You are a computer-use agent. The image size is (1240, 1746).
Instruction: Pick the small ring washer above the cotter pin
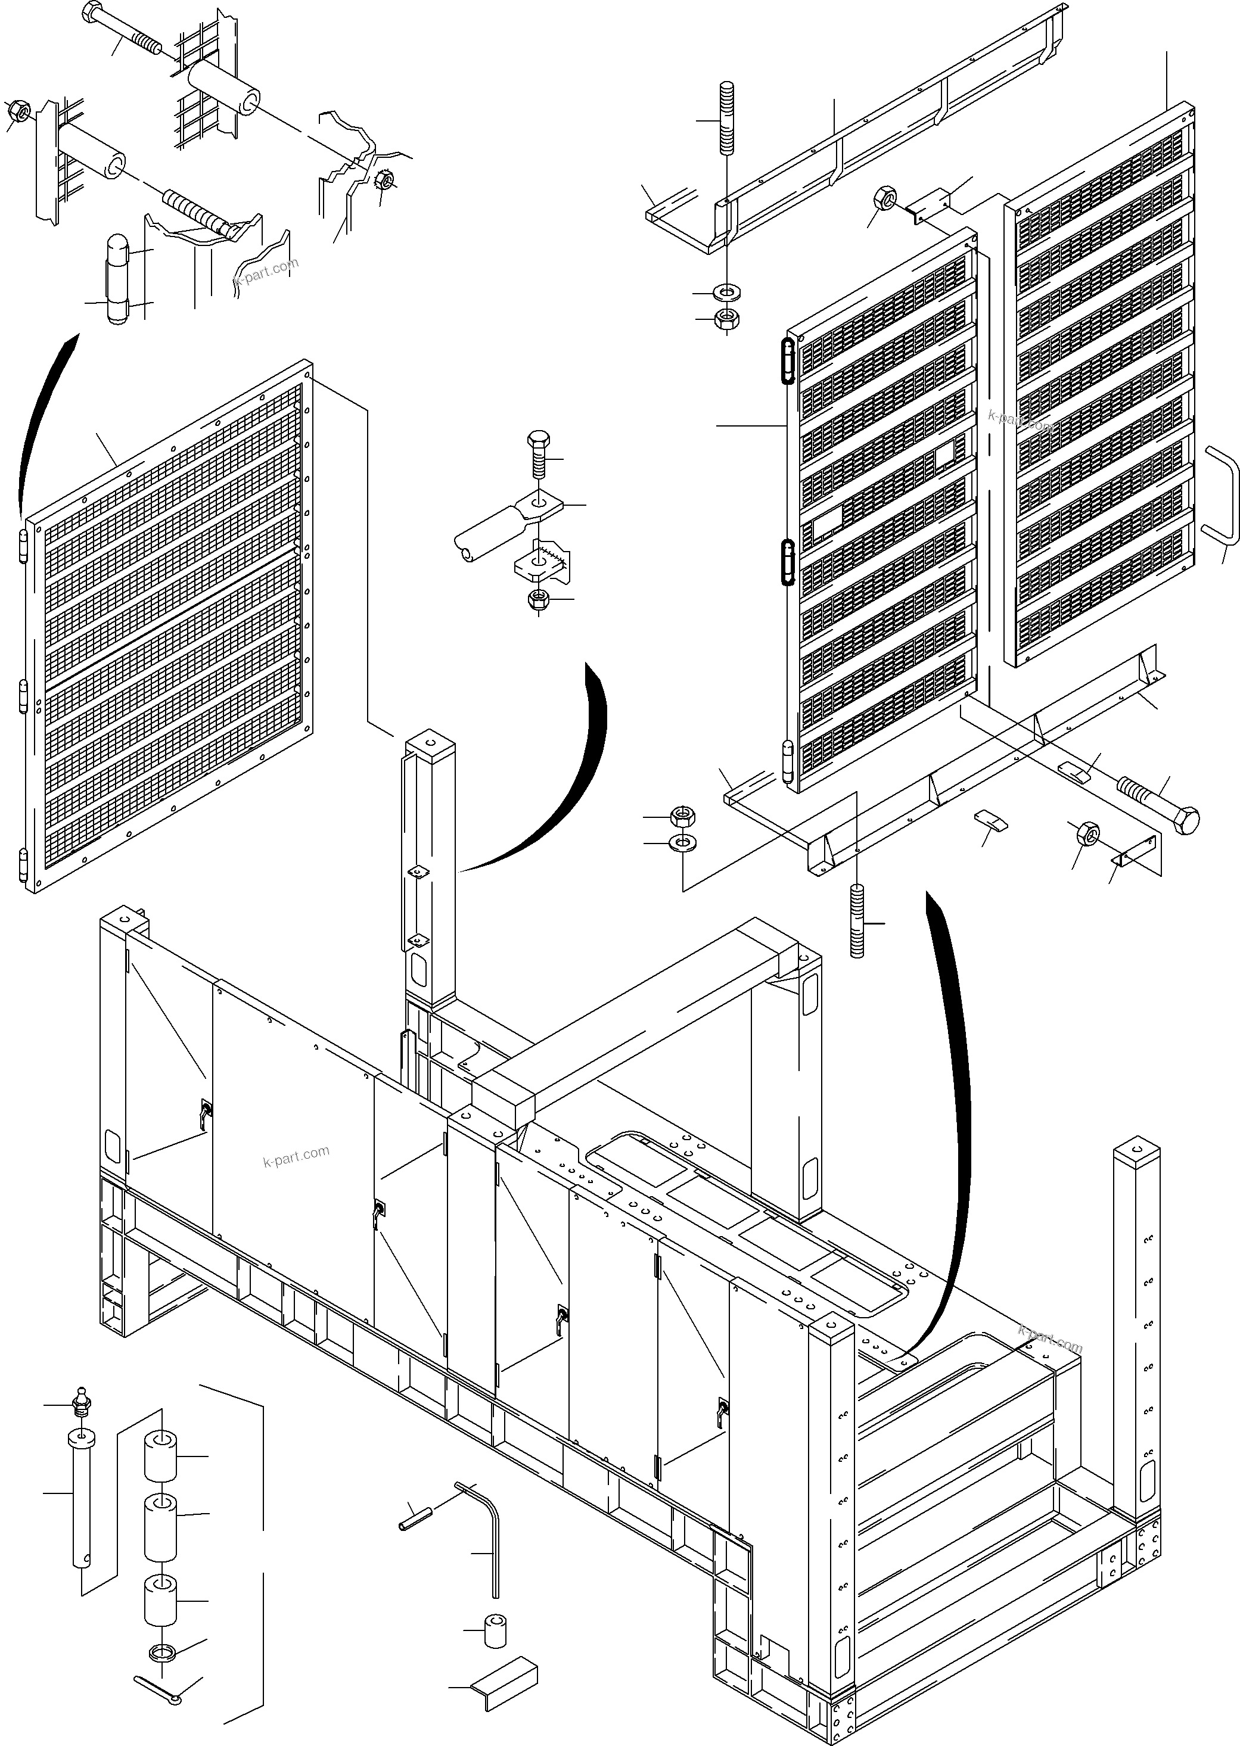(162, 1654)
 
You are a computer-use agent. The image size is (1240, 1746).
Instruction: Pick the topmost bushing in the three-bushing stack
(160, 1456)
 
